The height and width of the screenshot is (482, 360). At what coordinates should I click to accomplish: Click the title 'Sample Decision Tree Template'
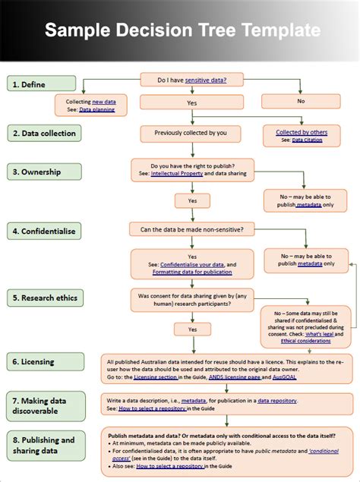182,31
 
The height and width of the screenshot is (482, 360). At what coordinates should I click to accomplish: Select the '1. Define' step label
42,83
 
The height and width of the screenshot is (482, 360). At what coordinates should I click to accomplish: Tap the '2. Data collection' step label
42,134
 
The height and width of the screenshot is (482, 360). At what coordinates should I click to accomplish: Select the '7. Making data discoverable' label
42,404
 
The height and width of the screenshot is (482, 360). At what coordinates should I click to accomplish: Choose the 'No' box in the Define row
301,100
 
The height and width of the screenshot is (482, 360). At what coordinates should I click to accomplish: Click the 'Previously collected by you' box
191,133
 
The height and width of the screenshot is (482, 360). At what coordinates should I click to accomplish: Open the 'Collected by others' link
302,131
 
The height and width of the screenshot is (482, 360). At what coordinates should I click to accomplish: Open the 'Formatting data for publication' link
191,271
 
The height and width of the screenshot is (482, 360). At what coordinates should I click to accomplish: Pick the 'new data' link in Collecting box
103,102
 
